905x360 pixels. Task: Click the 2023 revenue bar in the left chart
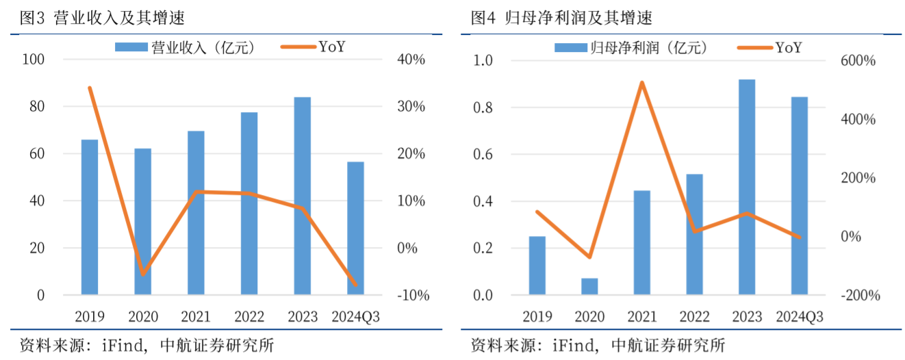pyautogui.click(x=303, y=196)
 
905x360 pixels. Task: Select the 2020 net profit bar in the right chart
pyautogui.click(x=589, y=287)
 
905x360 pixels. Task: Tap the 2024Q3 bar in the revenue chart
pyautogui.click(x=355, y=229)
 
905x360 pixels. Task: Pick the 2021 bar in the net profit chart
pyautogui.click(x=642, y=243)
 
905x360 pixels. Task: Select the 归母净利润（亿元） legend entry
pyautogui.click(x=630, y=47)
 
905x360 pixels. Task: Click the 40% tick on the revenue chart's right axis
pyautogui.click(x=411, y=60)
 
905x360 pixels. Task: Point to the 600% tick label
pyautogui.click(x=860, y=61)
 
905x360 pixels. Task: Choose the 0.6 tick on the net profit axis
pyautogui.click(x=483, y=155)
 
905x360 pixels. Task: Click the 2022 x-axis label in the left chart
pyautogui.click(x=249, y=317)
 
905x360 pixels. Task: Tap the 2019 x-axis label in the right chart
pyautogui.click(x=537, y=317)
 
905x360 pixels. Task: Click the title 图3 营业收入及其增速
pyautogui.click(x=103, y=16)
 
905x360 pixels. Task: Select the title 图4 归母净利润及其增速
pyautogui.click(x=562, y=16)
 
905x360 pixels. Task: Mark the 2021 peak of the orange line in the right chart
pyautogui.click(x=642, y=83)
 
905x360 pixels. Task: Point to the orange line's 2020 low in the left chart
pyautogui.click(x=142, y=274)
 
